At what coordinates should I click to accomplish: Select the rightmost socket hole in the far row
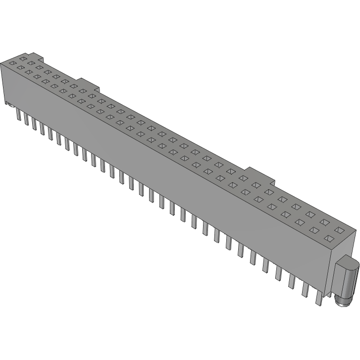339,230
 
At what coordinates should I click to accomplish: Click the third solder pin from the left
35,123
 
